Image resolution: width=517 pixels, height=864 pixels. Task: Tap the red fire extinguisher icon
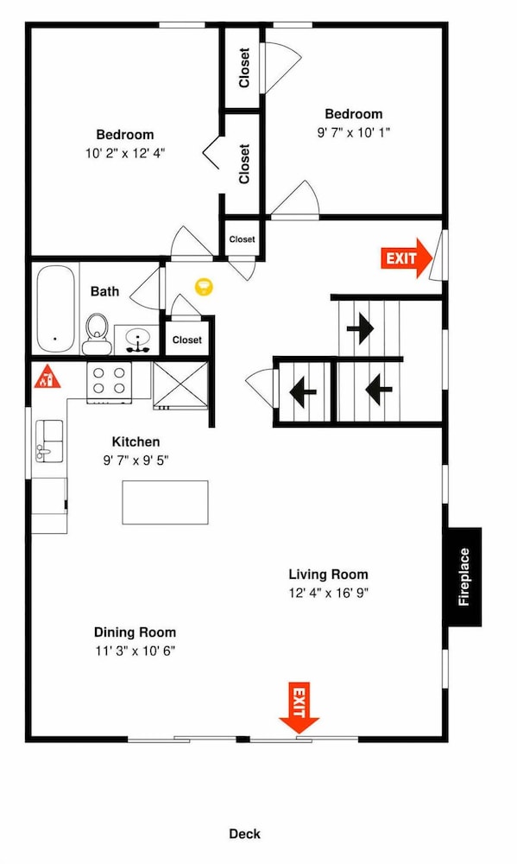coord(47,376)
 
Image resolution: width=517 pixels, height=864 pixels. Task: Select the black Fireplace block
coord(463,577)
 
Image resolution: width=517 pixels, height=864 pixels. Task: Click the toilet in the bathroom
coord(98,334)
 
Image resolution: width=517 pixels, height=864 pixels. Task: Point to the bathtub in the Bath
coord(55,309)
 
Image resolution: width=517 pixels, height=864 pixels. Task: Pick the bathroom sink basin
coord(136,339)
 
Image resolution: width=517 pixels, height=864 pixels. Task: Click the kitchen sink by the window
coord(49,441)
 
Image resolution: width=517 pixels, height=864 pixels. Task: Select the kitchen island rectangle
coord(165,502)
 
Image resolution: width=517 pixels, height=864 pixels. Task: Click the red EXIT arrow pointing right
coord(407,257)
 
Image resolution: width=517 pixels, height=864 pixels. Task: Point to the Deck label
coord(245,834)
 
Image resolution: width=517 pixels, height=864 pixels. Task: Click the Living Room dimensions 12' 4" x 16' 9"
coord(329,593)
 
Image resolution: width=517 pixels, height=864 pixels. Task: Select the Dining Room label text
coord(135,632)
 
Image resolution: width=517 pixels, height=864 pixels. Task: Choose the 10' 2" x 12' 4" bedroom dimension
coord(125,153)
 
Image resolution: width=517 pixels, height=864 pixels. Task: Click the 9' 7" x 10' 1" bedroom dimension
coord(354,133)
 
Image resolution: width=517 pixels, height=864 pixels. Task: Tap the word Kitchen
coord(136,442)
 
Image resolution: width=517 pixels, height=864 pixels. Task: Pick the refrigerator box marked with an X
coord(180,385)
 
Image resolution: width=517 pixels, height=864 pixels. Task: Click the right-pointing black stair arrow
coord(361,328)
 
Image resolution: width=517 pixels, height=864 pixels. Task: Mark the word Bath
coord(104,291)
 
